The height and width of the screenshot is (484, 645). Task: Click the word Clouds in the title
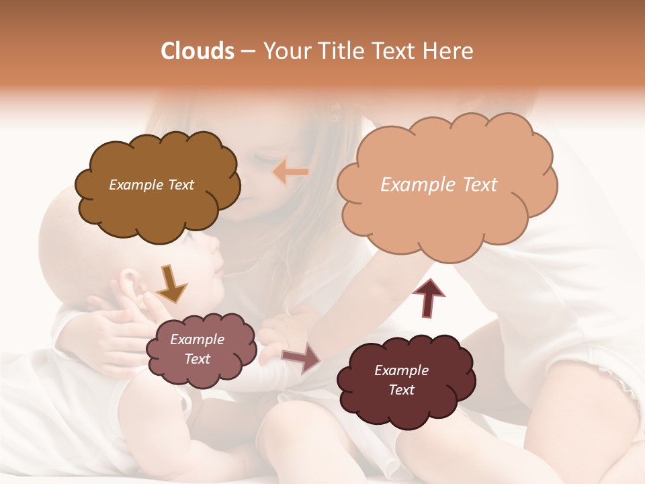point(197,51)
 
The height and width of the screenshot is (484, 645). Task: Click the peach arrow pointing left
point(291,172)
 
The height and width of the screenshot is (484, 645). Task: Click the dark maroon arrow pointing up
point(429,297)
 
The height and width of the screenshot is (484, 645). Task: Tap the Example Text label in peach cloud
point(439,185)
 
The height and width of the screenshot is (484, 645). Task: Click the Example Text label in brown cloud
point(151,185)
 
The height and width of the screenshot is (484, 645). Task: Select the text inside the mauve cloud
point(197,350)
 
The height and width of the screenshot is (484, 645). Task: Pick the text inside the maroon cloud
point(401,380)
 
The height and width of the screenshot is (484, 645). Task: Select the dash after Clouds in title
point(247,52)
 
